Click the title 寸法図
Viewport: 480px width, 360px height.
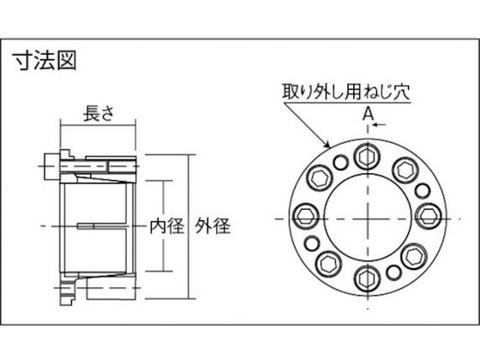[45, 61]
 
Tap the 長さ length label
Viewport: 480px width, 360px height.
[99, 113]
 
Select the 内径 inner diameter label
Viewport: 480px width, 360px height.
[166, 226]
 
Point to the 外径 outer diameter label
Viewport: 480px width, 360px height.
[213, 226]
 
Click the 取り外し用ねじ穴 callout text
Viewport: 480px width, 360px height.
[346, 91]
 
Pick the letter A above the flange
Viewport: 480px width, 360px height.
[369, 115]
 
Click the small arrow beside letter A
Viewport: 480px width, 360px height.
[379, 124]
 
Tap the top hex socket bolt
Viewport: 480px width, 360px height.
[368, 156]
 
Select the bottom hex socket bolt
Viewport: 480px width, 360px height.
[368, 278]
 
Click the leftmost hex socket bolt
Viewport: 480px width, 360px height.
[306, 216]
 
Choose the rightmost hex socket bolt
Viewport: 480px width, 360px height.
[429, 216]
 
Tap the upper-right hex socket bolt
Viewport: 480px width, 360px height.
[405, 170]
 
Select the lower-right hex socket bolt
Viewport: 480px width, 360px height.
[413, 255]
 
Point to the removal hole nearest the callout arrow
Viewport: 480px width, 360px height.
[341, 162]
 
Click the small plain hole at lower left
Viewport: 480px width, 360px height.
[312, 243]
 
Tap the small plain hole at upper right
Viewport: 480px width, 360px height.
[423, 190]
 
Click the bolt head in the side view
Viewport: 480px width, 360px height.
[51, 167]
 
